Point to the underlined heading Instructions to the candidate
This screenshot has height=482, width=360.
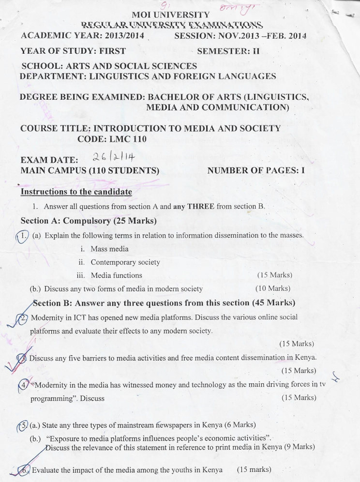(76, 192)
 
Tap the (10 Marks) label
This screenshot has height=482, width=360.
(272, 288)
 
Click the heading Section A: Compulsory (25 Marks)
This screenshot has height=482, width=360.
(89, 221)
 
